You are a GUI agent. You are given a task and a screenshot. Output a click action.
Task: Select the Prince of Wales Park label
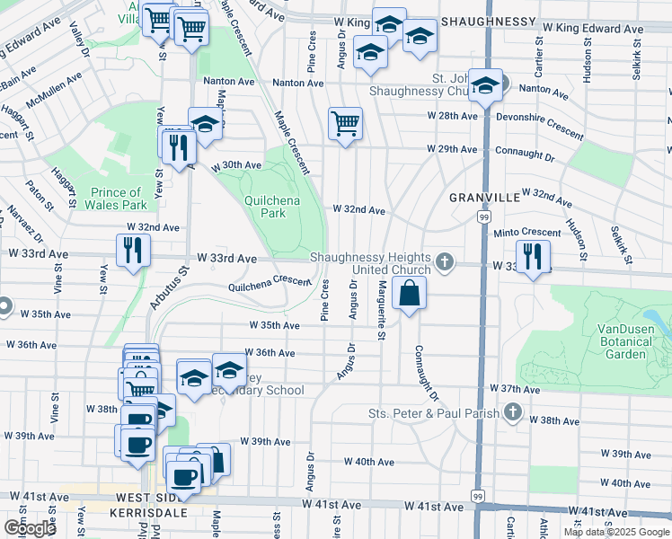click(x=117, y=199)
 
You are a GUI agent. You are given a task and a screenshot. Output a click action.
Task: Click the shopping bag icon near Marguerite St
click(x=409, y=293)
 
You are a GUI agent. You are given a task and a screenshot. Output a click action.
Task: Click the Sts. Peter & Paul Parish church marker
click(x=512, y=413)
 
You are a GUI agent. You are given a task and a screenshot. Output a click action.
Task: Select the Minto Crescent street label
click(x=527, y=233)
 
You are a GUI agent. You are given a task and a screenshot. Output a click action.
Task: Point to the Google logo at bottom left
click(x=29, y=528)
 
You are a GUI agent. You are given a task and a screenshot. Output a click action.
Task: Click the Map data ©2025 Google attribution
click(x=616, y=532)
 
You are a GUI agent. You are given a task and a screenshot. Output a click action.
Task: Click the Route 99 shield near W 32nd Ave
click(x=484, y=217)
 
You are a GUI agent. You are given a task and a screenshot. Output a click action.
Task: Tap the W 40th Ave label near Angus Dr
click(x=369, y=462)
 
